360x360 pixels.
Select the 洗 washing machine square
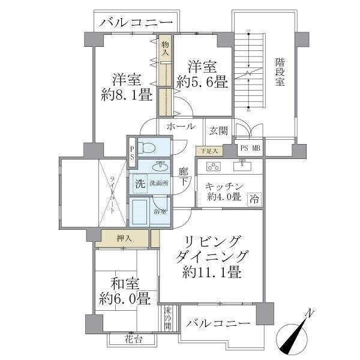pyautogui.click(x=139, y=184)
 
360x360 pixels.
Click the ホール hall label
pyautogui.click(x=180, y=127)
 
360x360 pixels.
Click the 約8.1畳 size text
pyautogui.click(x=126, y=95)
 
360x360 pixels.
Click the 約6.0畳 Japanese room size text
pyautogui.click(x=125, y=298)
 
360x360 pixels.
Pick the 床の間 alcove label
pyautogui.click(x=167, y=318)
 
